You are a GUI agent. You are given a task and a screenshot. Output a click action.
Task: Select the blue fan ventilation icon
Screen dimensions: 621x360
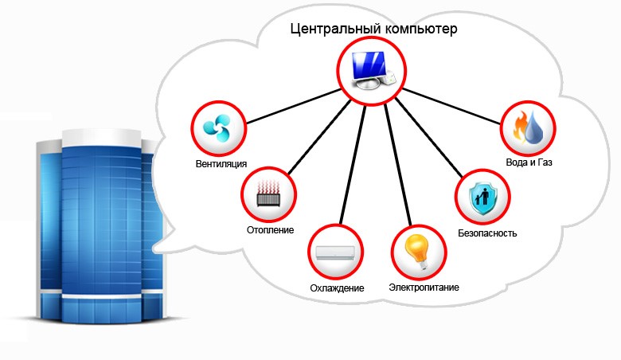[x=217, y=127]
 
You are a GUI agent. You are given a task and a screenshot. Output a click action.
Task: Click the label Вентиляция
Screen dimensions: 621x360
[x=221, y=163]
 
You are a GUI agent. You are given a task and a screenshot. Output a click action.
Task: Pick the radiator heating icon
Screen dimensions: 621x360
[x=268, y=194]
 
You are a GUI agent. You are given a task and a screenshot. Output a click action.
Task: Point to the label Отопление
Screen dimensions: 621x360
[x=270, y=230]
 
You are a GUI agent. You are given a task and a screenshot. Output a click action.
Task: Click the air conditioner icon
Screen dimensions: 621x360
[x=335, y=252]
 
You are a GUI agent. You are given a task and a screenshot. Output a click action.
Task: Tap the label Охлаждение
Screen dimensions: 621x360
[x=337, y=288]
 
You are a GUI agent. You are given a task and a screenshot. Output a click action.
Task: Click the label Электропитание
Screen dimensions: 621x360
[x=424, y=288]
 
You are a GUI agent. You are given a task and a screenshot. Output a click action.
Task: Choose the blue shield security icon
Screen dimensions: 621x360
[x=482, y=197]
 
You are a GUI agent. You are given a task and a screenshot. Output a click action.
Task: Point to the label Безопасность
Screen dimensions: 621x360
[x=487, y=233]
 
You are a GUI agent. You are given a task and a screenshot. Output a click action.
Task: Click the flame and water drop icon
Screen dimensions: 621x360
[x=528, y=127]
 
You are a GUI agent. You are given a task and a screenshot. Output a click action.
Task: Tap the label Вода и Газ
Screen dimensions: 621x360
[x=529, y=162]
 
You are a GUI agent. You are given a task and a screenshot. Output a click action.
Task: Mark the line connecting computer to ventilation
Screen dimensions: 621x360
[x=293, y=107]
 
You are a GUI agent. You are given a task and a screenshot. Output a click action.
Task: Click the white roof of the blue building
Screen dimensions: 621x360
[x=102, y=137]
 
